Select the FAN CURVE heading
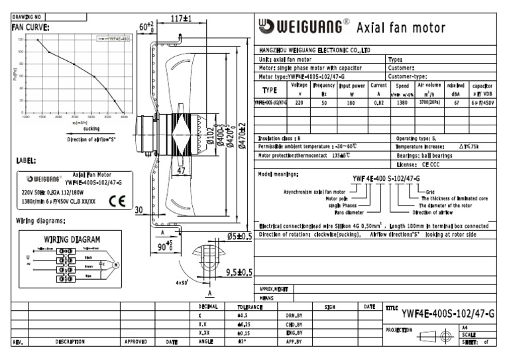coord(30,28)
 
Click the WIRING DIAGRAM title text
coord(72,239)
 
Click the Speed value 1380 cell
coord(402,103)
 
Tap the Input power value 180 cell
coord(352,103)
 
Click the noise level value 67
coord(456,103)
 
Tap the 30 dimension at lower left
coord(139,211)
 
